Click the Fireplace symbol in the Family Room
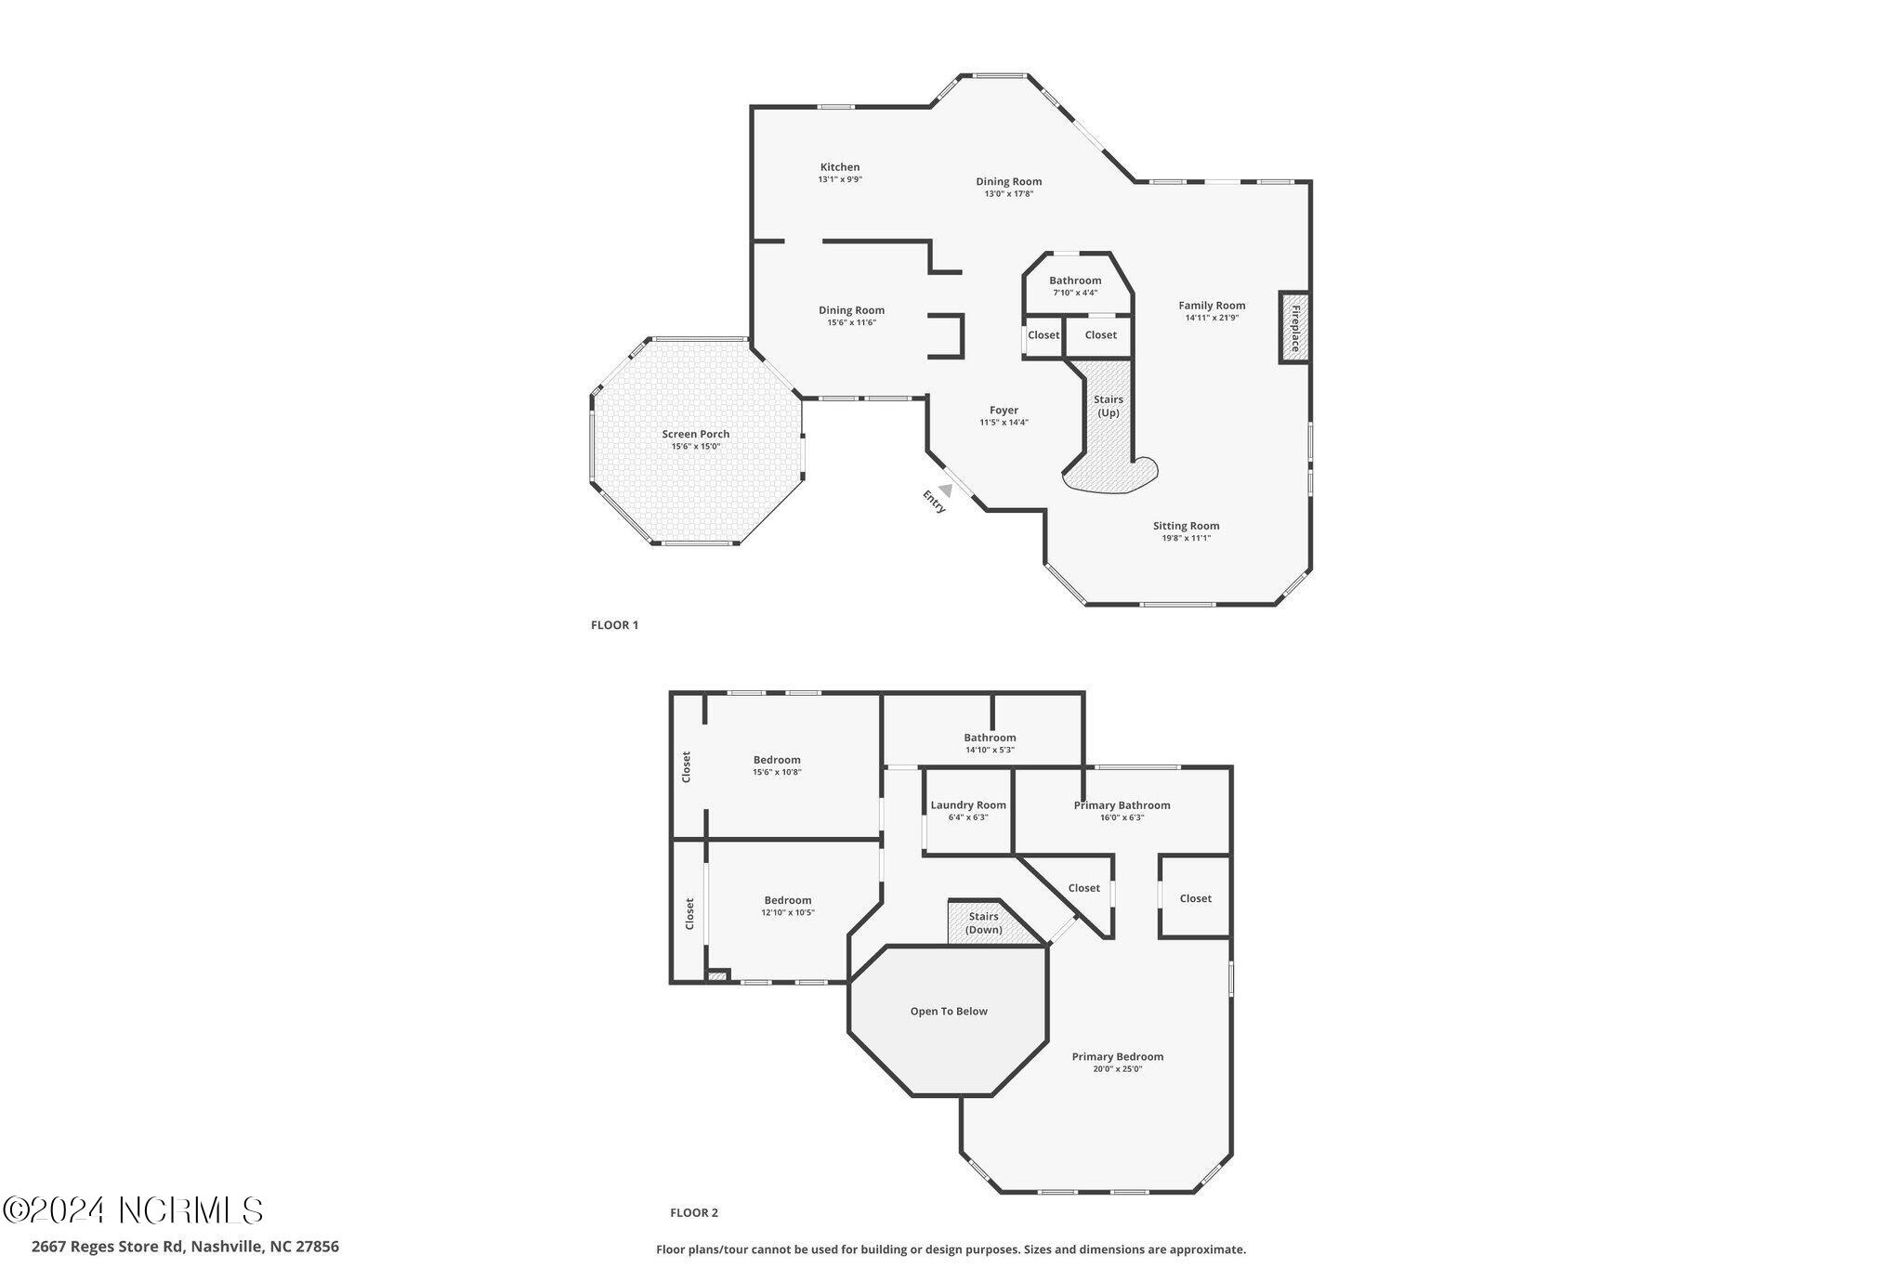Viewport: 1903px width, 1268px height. tap(1294, 328)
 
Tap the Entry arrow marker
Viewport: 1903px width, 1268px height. tap(945, 490)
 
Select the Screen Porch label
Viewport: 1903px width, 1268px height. tap(695, 434)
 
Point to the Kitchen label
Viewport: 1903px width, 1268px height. tap(840, 167)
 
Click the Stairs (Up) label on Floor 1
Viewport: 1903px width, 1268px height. tap(1109, 406)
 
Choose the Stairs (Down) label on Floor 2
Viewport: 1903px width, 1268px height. tap(983, 922)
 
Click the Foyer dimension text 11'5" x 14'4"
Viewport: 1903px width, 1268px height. tap(1004, 423)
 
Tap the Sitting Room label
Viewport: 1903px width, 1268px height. tap(1186, 526)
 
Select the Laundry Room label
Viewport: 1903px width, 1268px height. tap(968, 805)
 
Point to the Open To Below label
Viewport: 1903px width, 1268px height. tap(949, 1012)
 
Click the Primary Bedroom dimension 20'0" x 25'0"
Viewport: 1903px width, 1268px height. tap(1117, 1069)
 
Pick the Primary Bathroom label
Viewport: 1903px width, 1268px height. tap(1122, 805)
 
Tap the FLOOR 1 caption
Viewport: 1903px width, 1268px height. tap(614, 625)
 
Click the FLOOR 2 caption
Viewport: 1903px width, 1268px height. tap(694, 1212)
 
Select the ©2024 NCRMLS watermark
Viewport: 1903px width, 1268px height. tap(133, 1210)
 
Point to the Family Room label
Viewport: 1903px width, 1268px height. tap(1212, 306)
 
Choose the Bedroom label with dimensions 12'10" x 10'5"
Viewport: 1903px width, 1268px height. tap(787, 900)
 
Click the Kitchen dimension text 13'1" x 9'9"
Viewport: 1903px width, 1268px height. tap(840, 179)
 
